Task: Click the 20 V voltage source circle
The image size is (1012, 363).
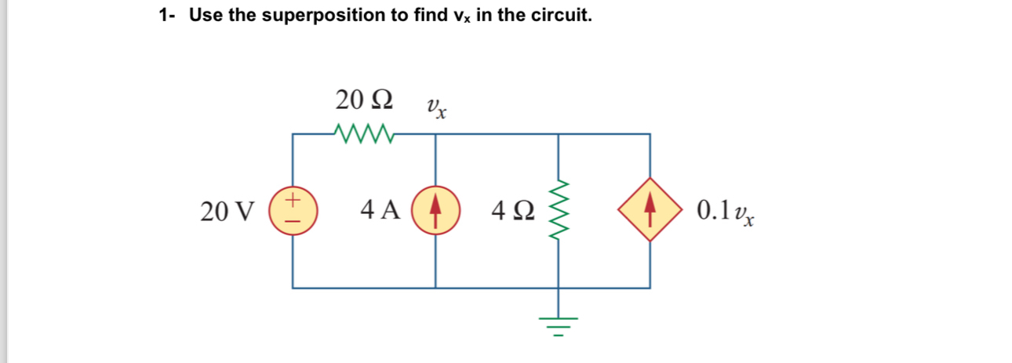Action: click(x=293, y=211)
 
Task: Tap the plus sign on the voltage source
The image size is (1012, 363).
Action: click(x=293, y=201)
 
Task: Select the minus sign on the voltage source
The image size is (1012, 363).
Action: click(x=293, y=221)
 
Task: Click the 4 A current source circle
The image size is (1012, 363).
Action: click(x=435, y=211)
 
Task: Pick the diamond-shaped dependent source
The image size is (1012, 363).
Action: click(x=650, y=211)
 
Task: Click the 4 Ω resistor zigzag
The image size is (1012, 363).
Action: click(x=559, y=211)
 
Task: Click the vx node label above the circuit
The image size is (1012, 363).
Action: click(x=436, y=107)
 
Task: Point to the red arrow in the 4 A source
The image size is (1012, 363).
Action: click(x=435, y=211)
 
